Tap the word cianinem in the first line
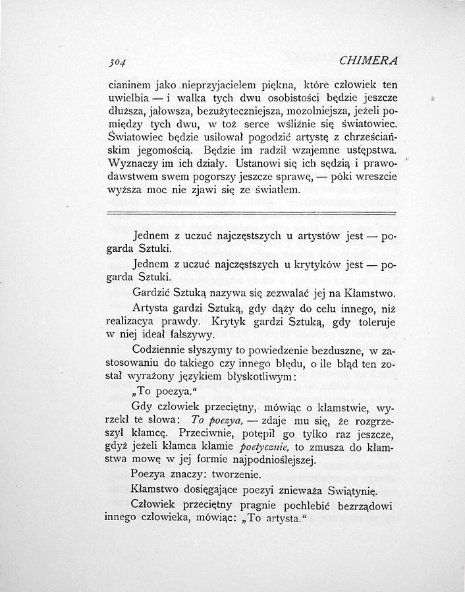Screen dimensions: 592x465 coord(129,85)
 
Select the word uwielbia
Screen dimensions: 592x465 coord(126,98)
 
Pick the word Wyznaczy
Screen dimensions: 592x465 coord(130,163)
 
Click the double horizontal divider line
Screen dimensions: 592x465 coord(250,212)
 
